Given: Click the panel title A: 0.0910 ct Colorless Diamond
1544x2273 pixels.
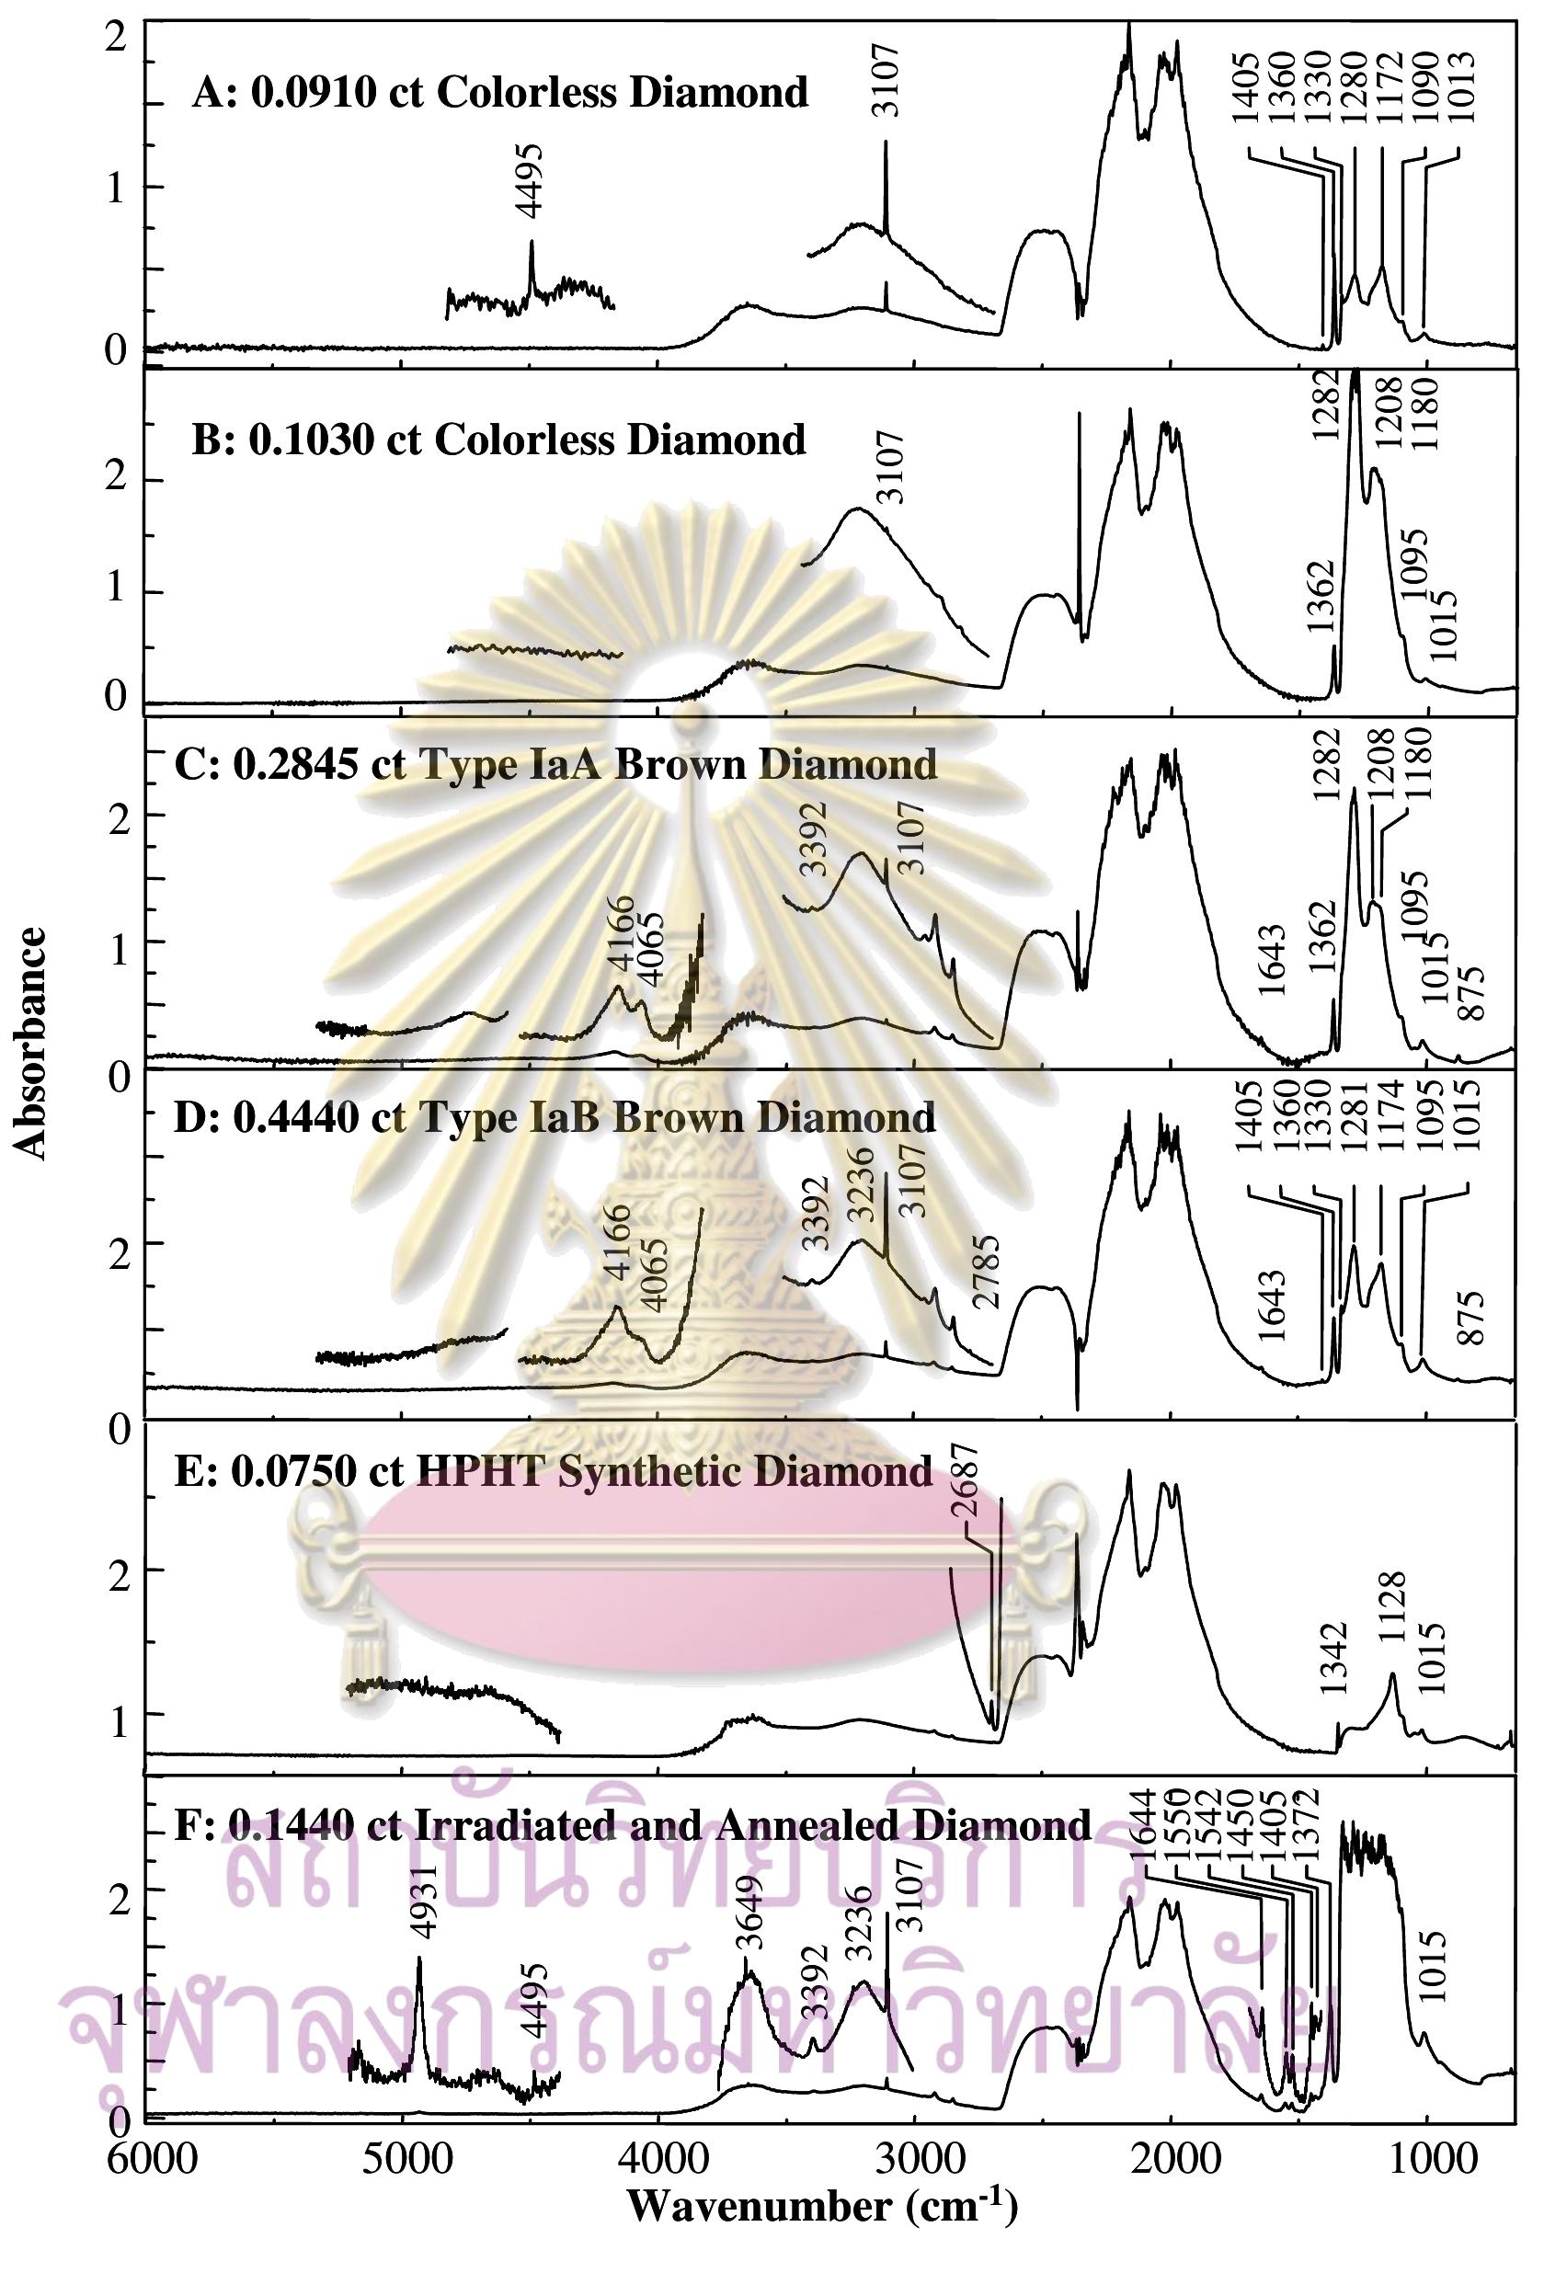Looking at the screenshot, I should [x=500, y=93].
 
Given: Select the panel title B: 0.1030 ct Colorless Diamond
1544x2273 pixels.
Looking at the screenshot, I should [x=498, y=440].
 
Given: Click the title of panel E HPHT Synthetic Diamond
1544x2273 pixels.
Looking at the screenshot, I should [x=553, y=1471].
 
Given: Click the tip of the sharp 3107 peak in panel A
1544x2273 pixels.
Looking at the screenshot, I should [x=886, y=142].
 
